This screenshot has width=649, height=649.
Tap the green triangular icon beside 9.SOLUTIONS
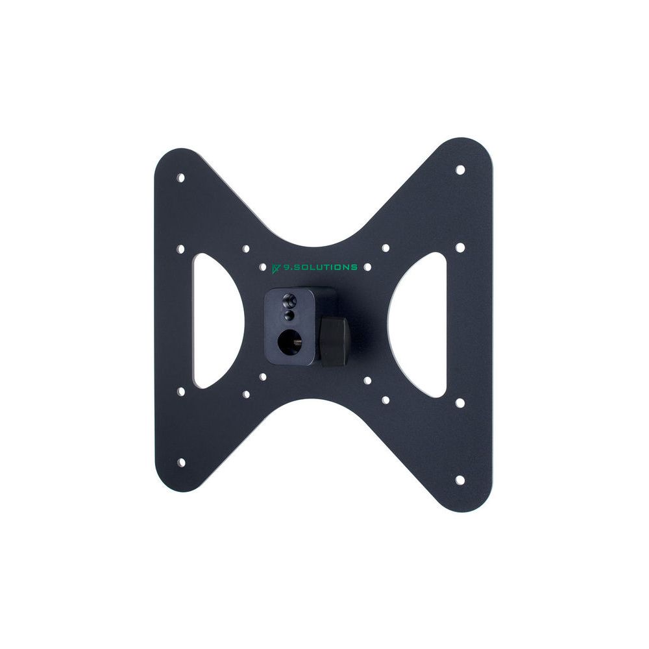[x=276, y=267]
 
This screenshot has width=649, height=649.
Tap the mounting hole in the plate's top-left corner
[x=181, y=177]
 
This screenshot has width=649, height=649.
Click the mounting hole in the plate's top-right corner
[x=460, y=169]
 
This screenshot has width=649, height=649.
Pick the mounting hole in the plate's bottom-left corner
[x=181, y=462]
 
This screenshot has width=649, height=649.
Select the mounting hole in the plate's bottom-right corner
[x=460, y=480]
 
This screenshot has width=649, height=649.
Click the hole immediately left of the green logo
[x=262, y=267]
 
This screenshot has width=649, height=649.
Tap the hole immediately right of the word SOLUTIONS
[x=367, y=267]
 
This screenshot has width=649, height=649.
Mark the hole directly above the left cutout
[x=181, y=248]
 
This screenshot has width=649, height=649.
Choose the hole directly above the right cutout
[x=460, y=247]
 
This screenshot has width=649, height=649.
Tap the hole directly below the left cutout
[x=181, y=391]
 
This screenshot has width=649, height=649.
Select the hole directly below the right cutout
[x=460, y=402]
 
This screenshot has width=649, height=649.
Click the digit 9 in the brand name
[x=286, y=267]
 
